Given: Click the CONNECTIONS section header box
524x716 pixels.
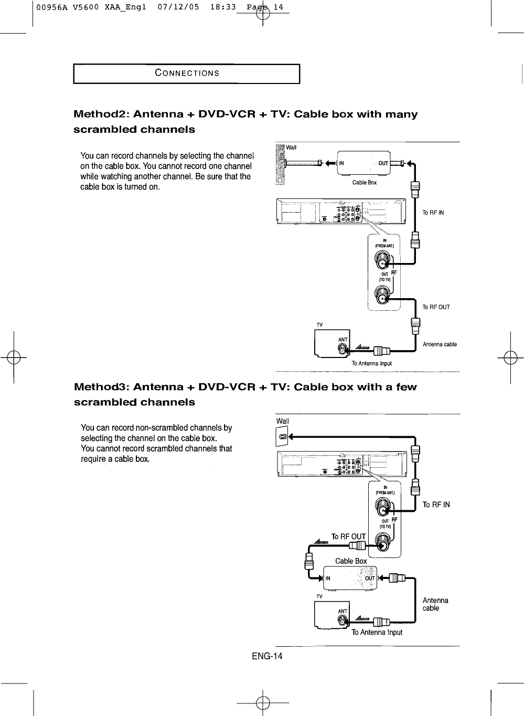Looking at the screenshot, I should coord(186,73).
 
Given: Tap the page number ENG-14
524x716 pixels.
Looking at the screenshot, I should coord(267,657).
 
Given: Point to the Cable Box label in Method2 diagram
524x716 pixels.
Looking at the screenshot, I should coord(365,183).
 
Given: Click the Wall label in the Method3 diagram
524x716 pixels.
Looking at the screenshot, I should coord(282,421).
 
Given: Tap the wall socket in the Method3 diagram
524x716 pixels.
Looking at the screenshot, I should coord(282,437).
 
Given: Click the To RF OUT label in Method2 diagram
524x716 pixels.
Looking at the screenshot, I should coord(436,307).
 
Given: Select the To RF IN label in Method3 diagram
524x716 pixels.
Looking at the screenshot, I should coord(436,505).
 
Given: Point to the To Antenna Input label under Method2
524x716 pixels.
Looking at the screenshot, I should coord(371,363).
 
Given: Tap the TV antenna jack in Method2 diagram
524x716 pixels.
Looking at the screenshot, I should coord(343,349).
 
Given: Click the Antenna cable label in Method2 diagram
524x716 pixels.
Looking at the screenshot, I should coord(440,344).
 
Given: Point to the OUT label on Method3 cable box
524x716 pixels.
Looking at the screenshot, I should coord(369,578).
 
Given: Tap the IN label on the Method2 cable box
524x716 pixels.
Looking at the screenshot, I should coord(341,163).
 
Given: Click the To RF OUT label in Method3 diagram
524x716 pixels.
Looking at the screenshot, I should coord(348,536).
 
